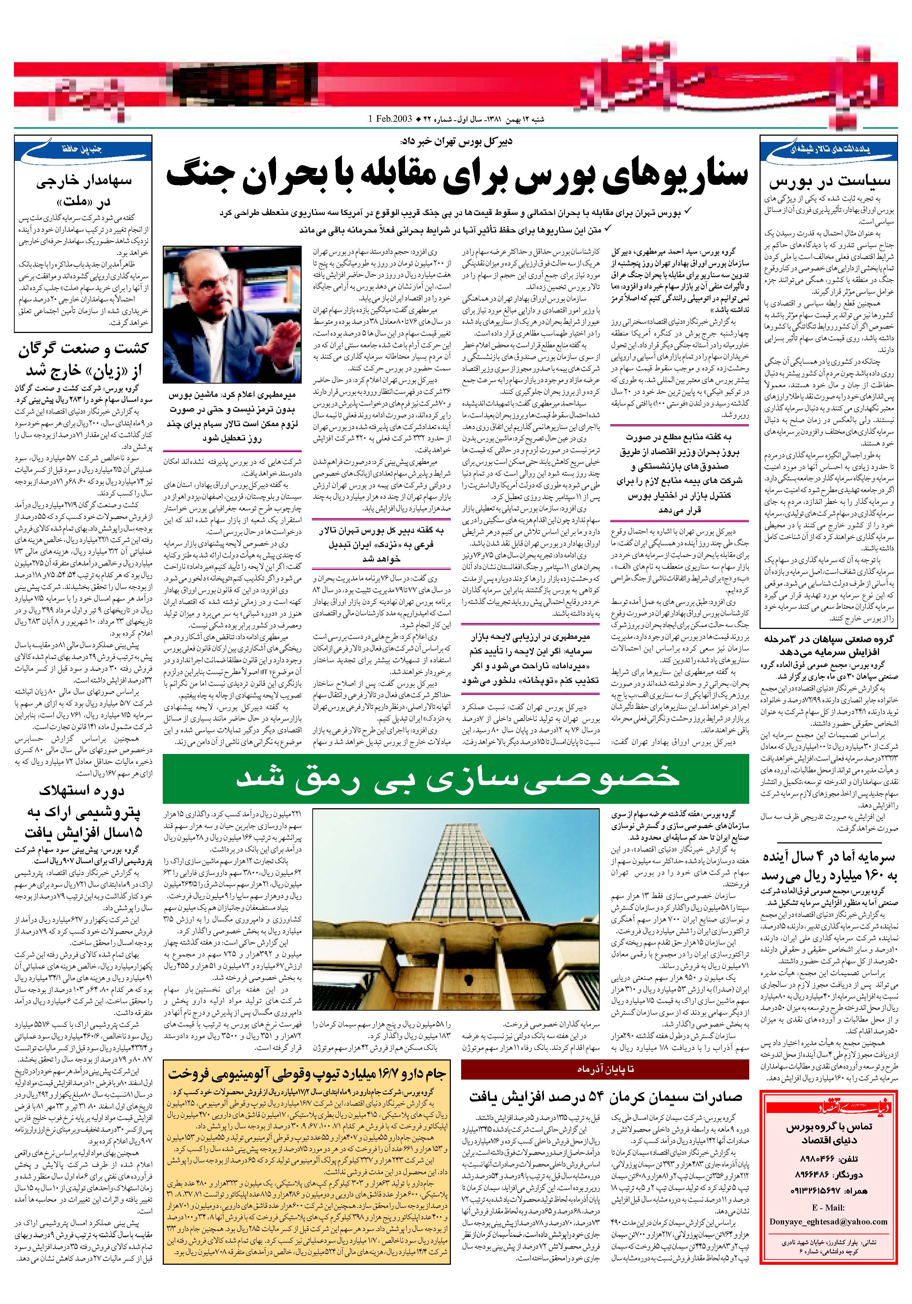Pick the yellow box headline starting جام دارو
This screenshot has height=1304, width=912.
point(307,1073)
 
